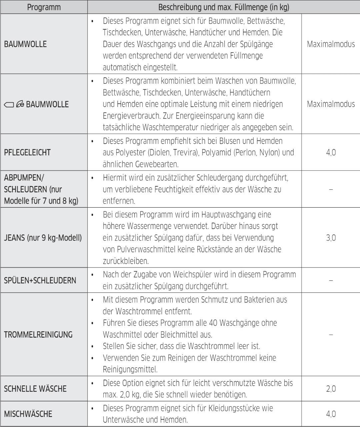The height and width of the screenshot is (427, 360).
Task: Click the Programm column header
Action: click(44, 7)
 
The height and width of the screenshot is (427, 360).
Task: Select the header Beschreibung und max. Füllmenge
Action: click(223, 7)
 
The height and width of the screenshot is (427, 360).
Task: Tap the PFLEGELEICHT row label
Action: click(27, 153)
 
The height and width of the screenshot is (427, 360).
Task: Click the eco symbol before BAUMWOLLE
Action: click(20, 104)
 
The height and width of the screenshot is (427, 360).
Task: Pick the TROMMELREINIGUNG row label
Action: click(38, 335)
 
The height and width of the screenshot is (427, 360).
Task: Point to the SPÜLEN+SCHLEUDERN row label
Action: click(40, 280)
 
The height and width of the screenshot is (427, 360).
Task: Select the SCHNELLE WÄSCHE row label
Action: click(35, 389)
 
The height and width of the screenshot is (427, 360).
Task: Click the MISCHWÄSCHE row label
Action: click(28, 414)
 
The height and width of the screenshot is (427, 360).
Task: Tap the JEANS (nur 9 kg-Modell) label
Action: click(43, 238)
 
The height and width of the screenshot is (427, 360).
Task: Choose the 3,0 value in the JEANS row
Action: click(331, 238)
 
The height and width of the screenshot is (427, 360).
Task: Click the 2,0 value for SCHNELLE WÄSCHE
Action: click(331, 389)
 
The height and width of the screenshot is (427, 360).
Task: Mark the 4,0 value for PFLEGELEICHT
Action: click(331, 153)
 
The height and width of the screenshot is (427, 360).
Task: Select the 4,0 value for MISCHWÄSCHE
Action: click(331, 414)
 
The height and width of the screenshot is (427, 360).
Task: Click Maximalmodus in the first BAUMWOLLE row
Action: click(331, 44)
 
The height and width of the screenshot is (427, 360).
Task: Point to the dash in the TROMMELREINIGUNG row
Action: click(331, 335)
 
